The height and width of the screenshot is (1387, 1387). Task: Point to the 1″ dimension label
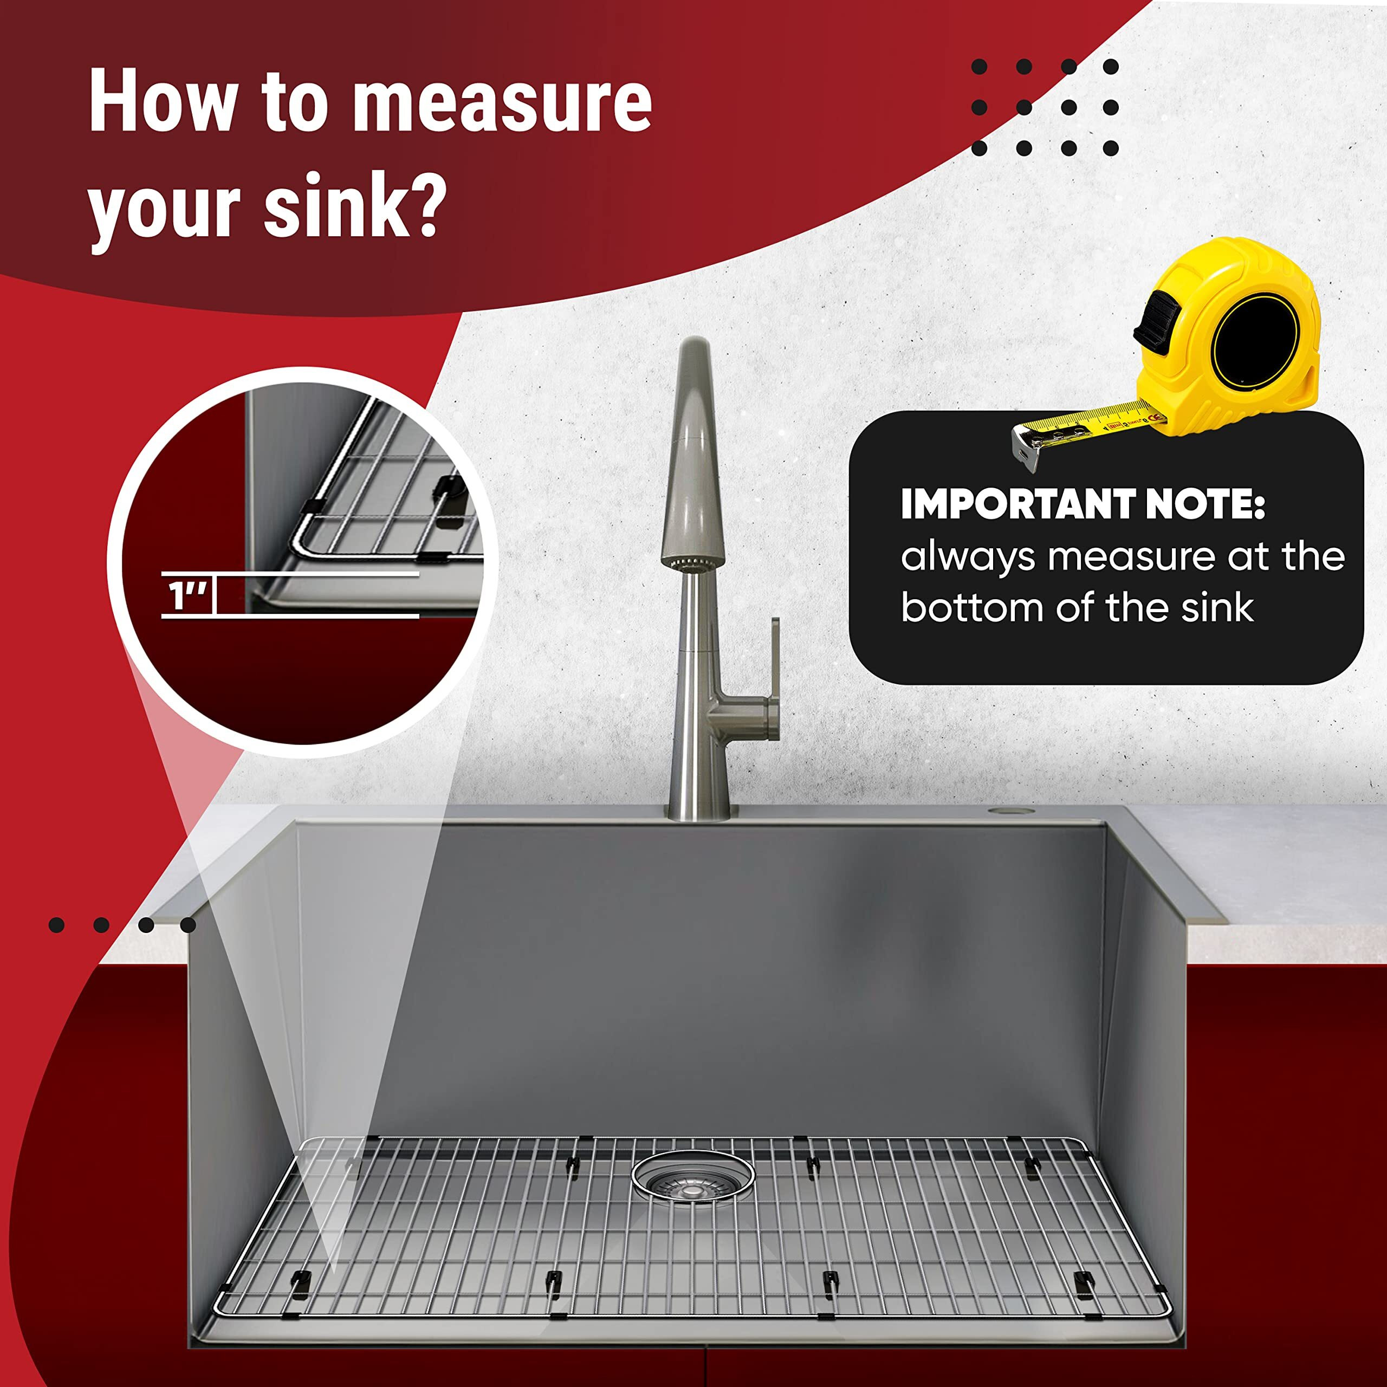tap(187, 597)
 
